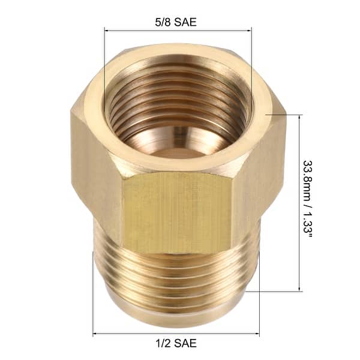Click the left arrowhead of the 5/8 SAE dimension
pos(107,30)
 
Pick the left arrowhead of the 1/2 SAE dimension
pos(95,334)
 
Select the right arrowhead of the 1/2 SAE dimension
pos(257,334)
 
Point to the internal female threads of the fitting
pos(178,99)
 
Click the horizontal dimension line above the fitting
pos(178,30)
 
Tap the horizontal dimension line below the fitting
pos(176,334)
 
